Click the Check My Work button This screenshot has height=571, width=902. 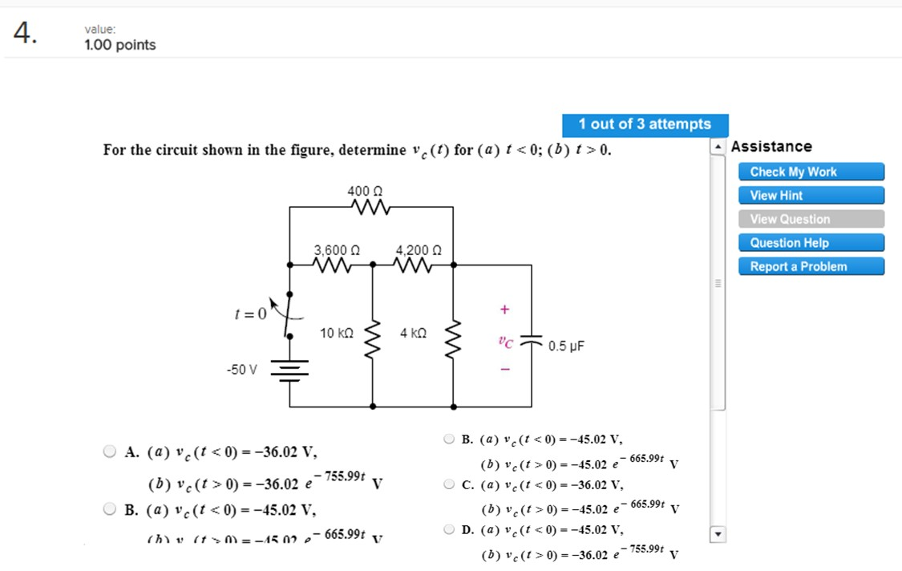pyautogui.click(x=811, y=172)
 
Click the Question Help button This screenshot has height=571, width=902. pyautogui.click(x=811, y=243)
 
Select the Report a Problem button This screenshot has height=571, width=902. pyautogui.click(x=811, y=266)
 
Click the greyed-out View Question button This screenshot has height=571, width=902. pyautogui.click(x=811, y=219)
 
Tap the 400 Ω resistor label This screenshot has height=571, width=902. pyautogui.click(x=365, y=191)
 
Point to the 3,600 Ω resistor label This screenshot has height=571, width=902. pyautogui.click(x=337, y=249)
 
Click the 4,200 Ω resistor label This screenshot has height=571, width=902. pyautogui.click(x=419, y=249)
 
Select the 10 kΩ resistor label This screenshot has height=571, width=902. pyautogui.click(x=336, y=332)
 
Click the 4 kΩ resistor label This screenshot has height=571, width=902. pyautogui.click(x=414, y=332)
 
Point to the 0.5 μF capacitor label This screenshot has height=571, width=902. pyautogui.click(x=566, y=346)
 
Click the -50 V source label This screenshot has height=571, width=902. pyautogui.click(x=242, y=370)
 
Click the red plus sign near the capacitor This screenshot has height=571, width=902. pyautogui.click(x=504, y=309)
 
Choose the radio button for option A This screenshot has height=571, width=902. pyautogui.click(x=110, y=451)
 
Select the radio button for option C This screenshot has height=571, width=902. pyautogui.click(x=449, y=484)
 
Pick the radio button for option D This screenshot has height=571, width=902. pyautogui.click(x=449, y=529)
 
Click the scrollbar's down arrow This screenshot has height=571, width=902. pyautogui.click(x=718, y=534)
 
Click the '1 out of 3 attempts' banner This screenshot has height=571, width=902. pyautogui.click(x=645, y=124)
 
